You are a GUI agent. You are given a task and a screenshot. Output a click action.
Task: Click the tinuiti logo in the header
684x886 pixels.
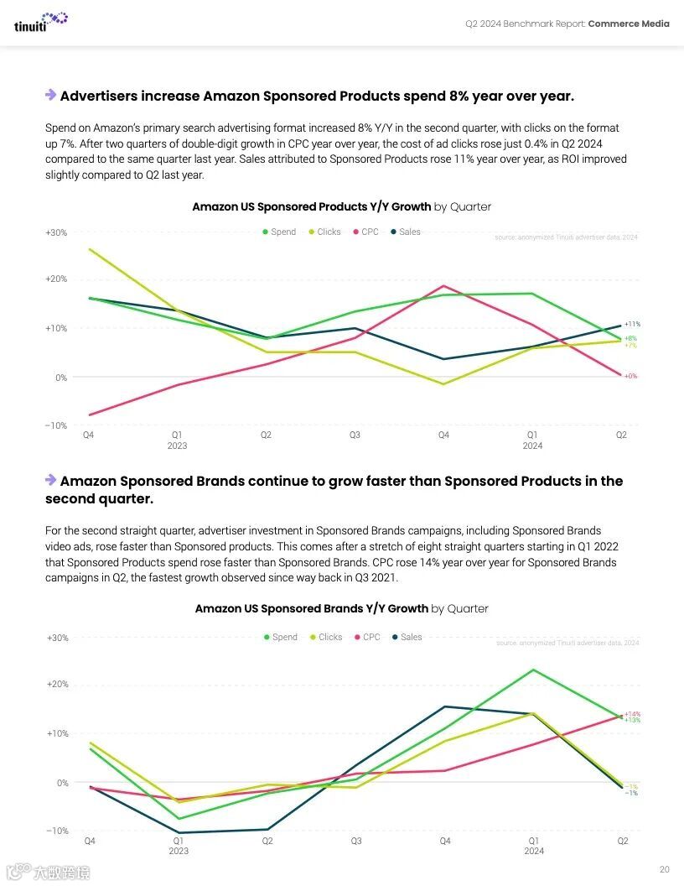[x=40, y=22]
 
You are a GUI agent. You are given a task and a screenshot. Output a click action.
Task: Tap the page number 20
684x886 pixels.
[x=664, y=869]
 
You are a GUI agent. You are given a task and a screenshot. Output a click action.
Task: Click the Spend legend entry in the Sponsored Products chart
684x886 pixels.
[x=279, y=232]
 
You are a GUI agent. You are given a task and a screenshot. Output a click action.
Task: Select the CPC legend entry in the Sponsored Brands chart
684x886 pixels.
[x=366, y=637]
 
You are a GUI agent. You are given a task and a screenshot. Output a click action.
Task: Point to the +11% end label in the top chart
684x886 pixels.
[x=632, y=324]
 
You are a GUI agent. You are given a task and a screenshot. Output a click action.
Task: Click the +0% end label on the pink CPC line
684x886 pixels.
[x=630, y=376]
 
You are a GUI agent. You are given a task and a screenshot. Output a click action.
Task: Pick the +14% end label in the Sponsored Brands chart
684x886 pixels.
[x=632, y=714]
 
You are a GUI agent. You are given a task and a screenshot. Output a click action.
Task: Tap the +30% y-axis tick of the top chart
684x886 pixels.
[x=56, y=232]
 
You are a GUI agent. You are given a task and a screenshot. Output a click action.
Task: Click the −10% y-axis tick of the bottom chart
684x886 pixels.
[x=56, y=831]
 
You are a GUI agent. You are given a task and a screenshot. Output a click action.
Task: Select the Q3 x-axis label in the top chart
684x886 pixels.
[x=355, y=435]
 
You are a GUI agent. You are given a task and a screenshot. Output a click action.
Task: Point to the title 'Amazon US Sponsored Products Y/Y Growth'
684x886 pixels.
[x=312, y=206]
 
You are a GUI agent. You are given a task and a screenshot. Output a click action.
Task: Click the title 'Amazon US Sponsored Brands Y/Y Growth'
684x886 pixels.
[x=312, y=608]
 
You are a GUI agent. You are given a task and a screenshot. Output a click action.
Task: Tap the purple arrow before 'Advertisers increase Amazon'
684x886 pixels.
[x=51, y=96]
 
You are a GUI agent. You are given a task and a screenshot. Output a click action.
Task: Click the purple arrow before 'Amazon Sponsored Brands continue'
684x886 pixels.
[x=51, y=480]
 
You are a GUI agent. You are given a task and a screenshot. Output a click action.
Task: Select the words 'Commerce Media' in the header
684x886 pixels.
[x=629, y=23]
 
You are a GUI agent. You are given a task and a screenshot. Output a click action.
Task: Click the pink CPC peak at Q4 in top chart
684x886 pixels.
[x=443, y=286]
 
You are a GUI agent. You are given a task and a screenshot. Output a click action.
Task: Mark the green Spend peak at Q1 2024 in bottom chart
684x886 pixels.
[x=532, y=670]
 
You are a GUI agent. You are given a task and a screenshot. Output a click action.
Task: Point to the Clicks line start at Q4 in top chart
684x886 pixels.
[x=88, y=249]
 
